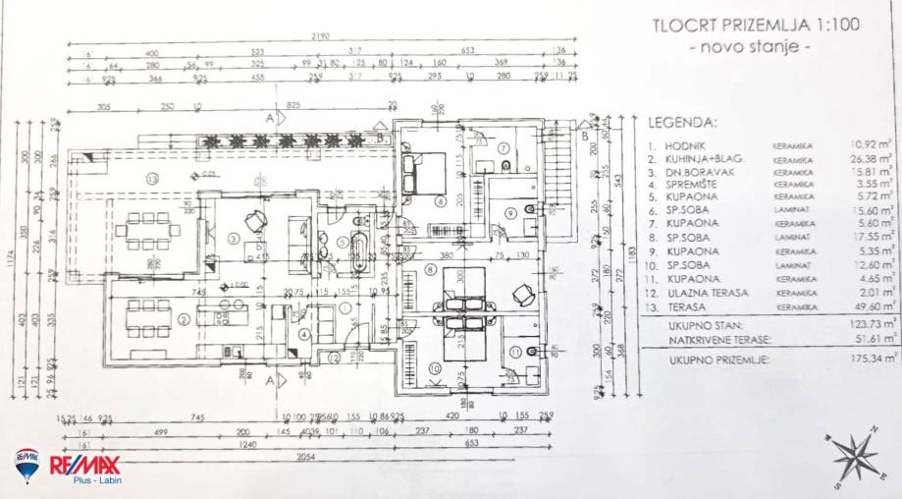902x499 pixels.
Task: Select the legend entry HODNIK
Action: click(681, 144)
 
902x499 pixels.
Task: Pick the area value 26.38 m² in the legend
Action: click(871, 157)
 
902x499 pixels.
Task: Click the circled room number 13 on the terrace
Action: click(151, 178)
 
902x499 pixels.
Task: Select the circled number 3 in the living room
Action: click(234, 237)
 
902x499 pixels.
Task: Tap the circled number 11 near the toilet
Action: click(517, 352)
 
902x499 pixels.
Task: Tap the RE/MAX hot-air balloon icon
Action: click(27, 464)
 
